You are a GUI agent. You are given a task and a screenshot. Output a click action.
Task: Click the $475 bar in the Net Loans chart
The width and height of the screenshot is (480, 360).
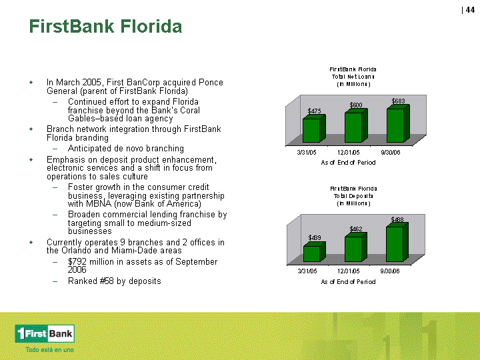(x=314, y=129)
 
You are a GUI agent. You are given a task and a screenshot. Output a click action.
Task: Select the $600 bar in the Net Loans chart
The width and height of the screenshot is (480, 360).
(x=356, y=125)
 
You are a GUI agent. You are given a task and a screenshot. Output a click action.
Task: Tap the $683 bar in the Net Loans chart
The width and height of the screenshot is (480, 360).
(x=398, y=124)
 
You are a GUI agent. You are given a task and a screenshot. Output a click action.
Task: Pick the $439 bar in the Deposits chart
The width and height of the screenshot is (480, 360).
(x=315, y=252)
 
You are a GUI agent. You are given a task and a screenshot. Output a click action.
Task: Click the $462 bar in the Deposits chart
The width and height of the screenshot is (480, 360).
(x=356, y=247)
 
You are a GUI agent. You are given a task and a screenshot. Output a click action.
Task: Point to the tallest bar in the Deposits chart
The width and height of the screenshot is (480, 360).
(x=397, y=243)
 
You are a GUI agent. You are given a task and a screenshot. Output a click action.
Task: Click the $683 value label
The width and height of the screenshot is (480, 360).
(x=398, y=101)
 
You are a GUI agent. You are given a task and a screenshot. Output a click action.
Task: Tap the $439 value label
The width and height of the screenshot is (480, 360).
(x=315, y=238)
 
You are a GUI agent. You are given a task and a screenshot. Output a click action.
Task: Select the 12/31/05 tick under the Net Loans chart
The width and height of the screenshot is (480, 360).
(x=349, y=153)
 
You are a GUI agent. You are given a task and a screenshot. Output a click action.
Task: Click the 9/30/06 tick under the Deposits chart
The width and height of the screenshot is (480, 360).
(x=390, y=271)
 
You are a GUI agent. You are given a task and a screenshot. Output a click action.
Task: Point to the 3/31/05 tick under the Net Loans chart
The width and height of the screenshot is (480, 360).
(x=307, y=153)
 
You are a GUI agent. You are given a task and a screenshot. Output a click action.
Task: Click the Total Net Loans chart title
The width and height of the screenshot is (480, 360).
(x=353, y=77)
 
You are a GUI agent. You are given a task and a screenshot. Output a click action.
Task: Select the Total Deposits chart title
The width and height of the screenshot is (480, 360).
(x=353, y=196)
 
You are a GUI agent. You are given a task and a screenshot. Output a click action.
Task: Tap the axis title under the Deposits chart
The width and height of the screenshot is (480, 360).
(x=348, y=281)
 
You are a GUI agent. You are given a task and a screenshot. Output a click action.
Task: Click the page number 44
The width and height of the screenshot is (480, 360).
(x=470, y=10)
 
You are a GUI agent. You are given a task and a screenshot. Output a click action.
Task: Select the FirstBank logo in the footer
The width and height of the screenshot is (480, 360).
(x=45, y=334)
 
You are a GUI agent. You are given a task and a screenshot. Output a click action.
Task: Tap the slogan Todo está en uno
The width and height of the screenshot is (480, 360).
(x=49, y=349)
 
